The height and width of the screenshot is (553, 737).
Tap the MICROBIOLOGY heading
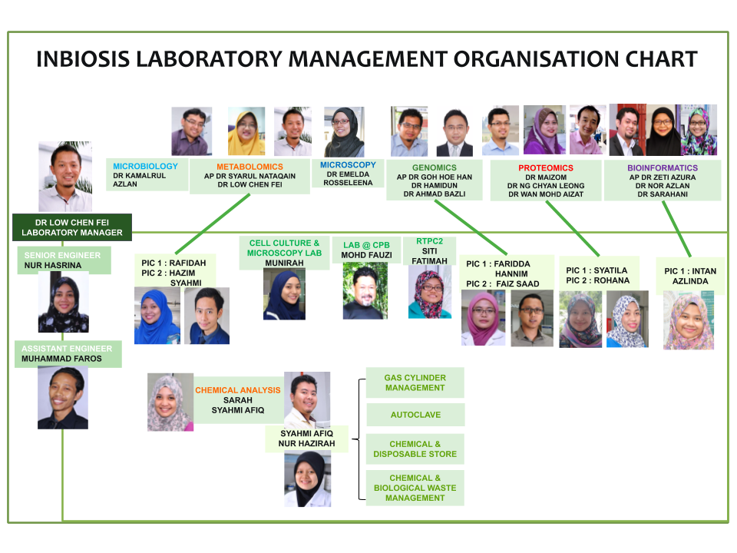[x=145, y=166]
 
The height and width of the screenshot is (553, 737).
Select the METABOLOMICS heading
[x=250, y=167]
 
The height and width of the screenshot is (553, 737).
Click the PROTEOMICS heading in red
[x=546, y=168]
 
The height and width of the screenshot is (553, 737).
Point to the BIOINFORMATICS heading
[x=663, y=168]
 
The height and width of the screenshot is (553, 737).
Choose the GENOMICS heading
[x=435, y=167]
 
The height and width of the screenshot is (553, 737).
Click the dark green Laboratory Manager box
[x=72, y=227]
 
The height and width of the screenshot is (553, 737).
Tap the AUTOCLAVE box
[x=415, y=415]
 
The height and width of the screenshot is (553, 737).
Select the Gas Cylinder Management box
[x=415, y=382]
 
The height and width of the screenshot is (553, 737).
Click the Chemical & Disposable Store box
[x=415, y=449]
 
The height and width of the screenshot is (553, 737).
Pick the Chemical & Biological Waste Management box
[x=415, y=488]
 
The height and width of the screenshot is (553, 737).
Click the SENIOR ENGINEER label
[x=62, y=255]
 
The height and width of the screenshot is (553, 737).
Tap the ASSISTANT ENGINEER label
[x=67, y=349]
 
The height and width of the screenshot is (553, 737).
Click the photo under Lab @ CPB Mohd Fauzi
[x=365, y=290]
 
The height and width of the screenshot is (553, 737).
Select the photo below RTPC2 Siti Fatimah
[x=430, y=292]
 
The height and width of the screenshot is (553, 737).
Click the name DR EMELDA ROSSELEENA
[x=348, y=179]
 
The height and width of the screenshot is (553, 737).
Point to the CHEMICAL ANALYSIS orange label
[x=238, y=390]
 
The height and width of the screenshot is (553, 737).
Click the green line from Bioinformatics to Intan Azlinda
[x=676, y=229]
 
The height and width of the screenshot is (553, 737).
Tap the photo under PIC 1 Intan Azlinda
[x=689, y=320]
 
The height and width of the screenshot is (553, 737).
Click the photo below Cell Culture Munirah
[x=284, y=294]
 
